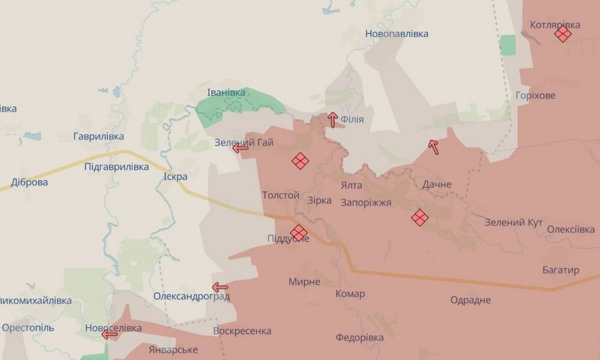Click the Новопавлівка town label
397,34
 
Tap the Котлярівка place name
555,25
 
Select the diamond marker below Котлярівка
562,34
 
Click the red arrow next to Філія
332,119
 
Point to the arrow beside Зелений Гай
241,148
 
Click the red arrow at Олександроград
220,287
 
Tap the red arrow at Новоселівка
110,334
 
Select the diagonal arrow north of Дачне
433,146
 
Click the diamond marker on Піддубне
298,232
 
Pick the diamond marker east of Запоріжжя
419,217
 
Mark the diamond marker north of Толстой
299,160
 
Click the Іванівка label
226,93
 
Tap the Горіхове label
535,96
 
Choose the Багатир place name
560,271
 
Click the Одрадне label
470,300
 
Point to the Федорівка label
359,338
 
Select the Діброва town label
29,182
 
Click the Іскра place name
175,177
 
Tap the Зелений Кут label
514,223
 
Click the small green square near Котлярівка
508,45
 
